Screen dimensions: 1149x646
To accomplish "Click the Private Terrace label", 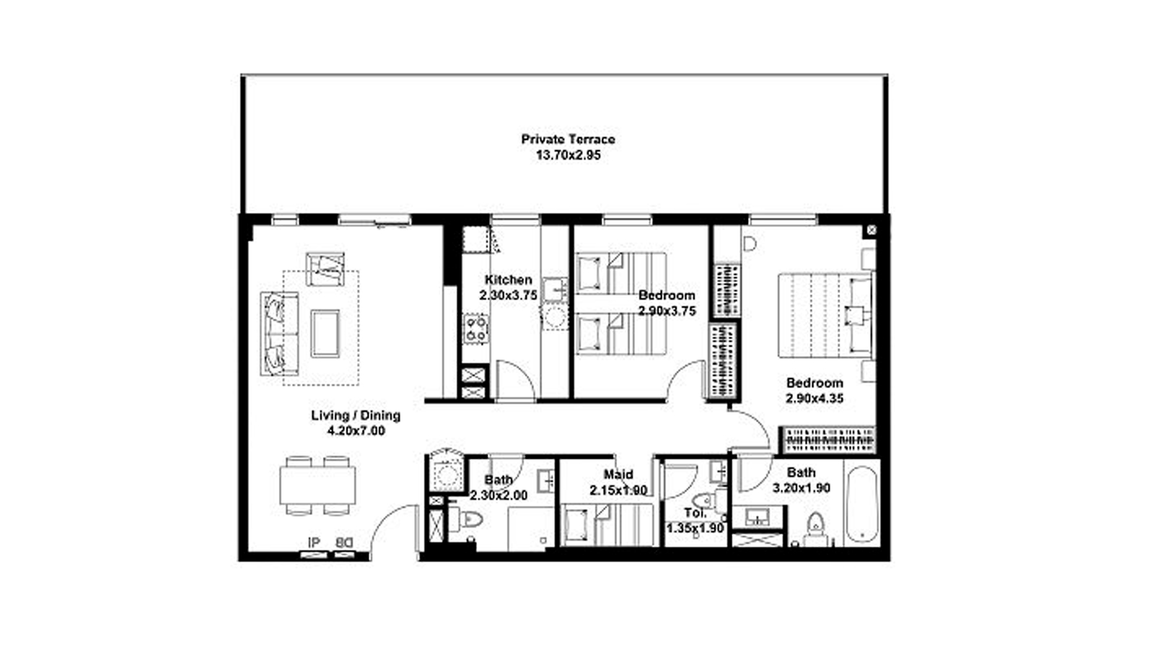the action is tap(568, 139).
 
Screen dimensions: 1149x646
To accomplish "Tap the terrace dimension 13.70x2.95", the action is tap(568, 156).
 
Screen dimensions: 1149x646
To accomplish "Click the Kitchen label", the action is tap(508, 279).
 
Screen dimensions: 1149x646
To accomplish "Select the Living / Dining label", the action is tap(355, 415).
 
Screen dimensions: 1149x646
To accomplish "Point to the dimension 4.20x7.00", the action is tap(356, 431).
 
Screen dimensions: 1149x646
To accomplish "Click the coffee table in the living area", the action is tap(325, 333).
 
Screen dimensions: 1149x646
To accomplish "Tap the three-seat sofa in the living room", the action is tap(279, 334).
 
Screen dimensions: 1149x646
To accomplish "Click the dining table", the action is tap(318, 485).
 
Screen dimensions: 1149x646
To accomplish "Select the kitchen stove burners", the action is tap(476, 330).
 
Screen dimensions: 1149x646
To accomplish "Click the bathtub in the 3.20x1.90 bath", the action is tap(862, 503).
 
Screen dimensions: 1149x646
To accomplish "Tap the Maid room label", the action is tap(618, 475).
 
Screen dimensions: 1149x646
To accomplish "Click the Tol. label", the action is tap(695, 513).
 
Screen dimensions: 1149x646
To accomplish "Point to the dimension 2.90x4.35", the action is tap(814, 398).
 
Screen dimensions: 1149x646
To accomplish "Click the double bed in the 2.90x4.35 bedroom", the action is tap(825, 315).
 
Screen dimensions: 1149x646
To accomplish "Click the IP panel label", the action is tap(314, 543).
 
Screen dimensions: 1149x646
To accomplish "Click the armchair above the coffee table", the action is tap(325, 269).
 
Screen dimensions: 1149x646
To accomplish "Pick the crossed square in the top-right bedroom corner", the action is tap(871, 230).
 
